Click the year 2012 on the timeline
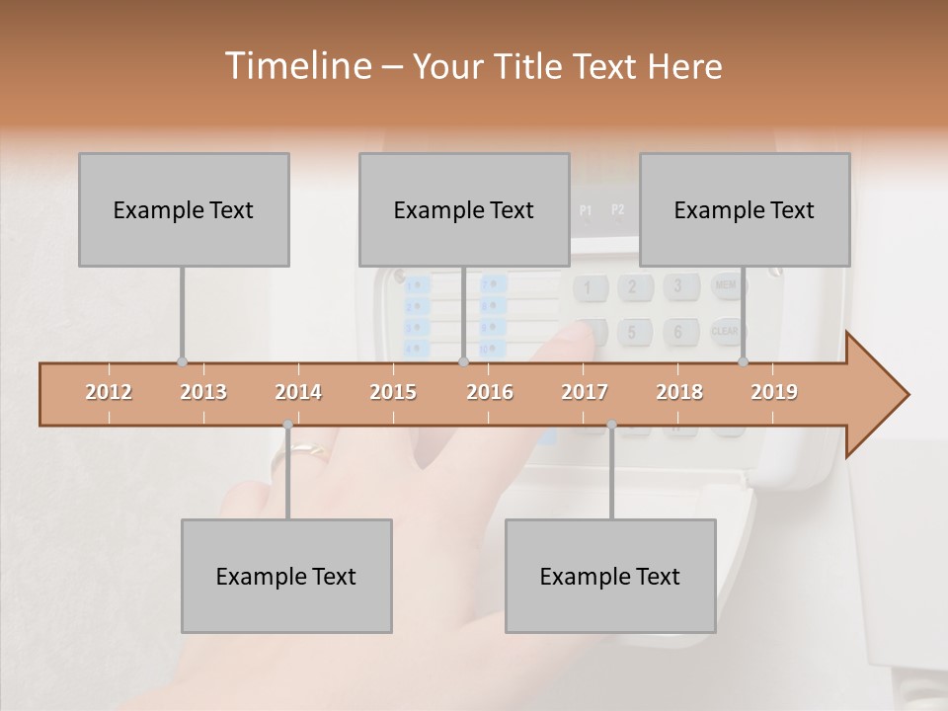109,392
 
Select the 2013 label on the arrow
203,392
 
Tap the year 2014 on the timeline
298,392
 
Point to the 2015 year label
393,392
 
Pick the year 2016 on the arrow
490,392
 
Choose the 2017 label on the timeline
585,392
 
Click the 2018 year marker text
679,392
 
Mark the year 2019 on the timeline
774,392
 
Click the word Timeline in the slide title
296,66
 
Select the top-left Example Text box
184,209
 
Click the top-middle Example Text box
464,209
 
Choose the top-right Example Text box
745,209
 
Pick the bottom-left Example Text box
286,576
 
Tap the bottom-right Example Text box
610,576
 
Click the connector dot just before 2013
182,361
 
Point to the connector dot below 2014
287,425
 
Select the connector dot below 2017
611,425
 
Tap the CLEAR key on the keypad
726,332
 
